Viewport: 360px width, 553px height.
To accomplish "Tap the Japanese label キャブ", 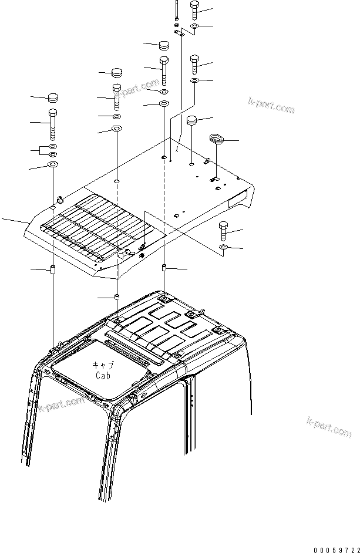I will [102, 365].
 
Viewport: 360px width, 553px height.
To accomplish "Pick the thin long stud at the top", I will [176, 11].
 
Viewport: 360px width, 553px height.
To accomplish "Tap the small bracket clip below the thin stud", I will [181, 33].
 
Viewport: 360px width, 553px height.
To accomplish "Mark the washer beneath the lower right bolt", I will [224, 248].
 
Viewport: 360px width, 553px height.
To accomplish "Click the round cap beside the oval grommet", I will [191, 122].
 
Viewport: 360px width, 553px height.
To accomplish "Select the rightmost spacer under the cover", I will [164, 269].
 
